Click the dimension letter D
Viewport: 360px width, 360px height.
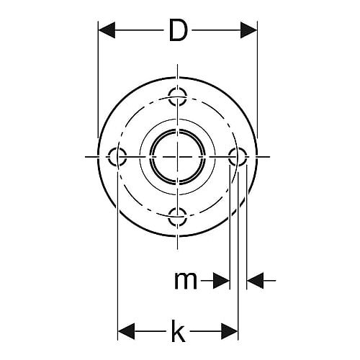click(178, 30)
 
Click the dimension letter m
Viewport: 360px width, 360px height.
click(186, 280)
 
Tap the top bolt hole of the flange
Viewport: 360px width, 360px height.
click(178, 97)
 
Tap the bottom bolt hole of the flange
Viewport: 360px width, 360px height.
click(178, 217)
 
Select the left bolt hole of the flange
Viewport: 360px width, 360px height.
click(117, 157)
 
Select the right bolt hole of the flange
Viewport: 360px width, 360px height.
click(238, 157)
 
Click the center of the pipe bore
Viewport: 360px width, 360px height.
click(178, 157)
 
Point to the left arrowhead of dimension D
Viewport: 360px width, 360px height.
click(107, 30)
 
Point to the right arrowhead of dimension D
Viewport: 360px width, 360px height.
click(248, 30)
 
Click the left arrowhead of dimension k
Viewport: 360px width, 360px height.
click(127, 331)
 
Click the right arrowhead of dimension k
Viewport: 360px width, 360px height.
click(230, 331)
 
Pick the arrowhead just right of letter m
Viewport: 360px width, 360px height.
click(221, 280)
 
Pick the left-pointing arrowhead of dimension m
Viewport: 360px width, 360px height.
click(256, 280)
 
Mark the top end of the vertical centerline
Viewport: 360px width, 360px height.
click(178, 64)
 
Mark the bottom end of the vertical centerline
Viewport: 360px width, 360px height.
click(178, 250)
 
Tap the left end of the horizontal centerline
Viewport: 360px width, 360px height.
click(86, 157)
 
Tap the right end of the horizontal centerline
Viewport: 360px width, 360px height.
click(270, 157)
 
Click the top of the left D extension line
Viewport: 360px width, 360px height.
click(98, 22)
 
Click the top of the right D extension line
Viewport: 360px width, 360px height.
click(257, 22)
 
